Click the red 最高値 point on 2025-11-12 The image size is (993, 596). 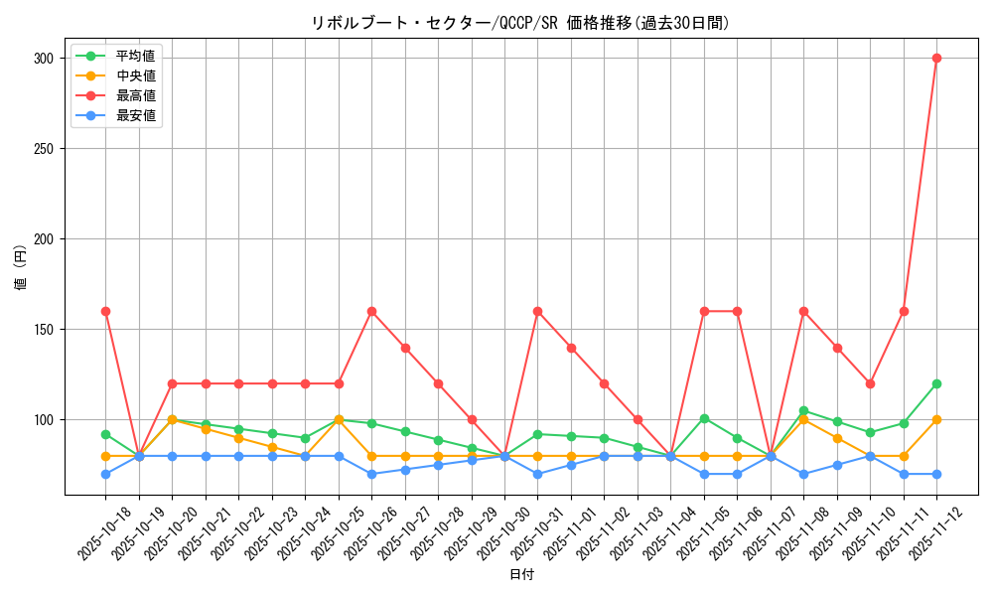[x=936, y=58]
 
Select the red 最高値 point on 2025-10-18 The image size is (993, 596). [x=105, y=311]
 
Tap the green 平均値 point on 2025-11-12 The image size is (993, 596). [x=936, y=383]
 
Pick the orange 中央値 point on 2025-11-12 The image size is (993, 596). [x=936, y=419]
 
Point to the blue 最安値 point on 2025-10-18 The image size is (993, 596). [x=105, y=474]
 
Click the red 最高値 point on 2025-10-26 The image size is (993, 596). [x=371, y=311]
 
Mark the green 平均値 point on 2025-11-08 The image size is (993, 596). [x=803, y=410]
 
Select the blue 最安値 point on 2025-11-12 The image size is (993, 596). [x=936, y=474]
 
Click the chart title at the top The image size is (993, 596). [x=520, y=23]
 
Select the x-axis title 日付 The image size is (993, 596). [x=521, y=575]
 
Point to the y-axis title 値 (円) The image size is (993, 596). [x=21, y=267]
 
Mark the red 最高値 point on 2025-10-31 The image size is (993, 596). [x=537, y=311]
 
